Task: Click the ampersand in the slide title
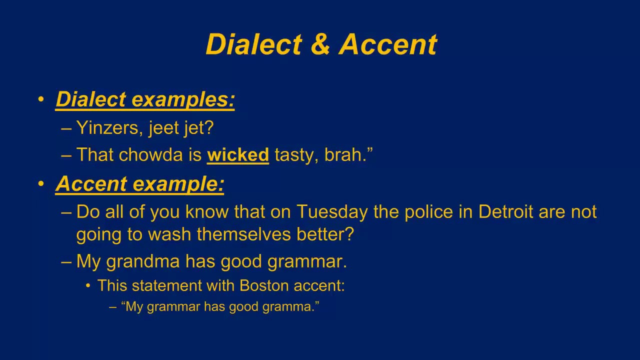click(x=320, y=44)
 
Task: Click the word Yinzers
click(x=104, y=128)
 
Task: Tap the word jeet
click(x=163, y=128)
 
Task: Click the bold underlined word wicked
click(x=238, y=155)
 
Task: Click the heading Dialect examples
click(x=145, y=99)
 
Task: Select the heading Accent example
click(x=139, y=184)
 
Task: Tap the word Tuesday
click(x=332, y=211)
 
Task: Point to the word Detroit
click(x=505, y=211)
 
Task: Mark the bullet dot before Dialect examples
click(x=41, y=99)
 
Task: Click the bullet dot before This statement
click(x=88, y=285)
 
